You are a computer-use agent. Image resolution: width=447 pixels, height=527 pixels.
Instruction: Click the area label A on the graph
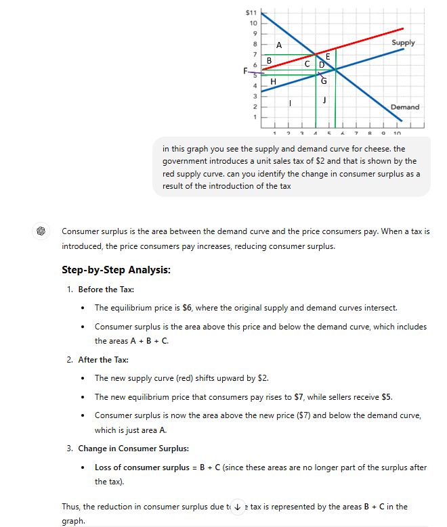tap(279, 45)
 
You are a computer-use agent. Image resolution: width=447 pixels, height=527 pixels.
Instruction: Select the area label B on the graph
tap(269, 61)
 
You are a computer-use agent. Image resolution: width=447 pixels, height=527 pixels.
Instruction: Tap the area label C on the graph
tap(307, 64)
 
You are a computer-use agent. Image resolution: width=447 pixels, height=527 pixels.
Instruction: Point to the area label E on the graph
tap(328, 57)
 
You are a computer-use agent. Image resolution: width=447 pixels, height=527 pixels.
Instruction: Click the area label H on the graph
tap(273, 82)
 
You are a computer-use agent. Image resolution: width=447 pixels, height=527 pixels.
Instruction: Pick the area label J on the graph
tap(325, 100)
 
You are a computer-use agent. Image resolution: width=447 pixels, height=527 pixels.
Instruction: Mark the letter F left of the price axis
tap(246, 70)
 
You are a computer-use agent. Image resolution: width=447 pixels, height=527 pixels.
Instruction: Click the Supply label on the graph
tap(403, 43)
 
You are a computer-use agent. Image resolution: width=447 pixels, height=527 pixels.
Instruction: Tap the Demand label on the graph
tap(404, 107)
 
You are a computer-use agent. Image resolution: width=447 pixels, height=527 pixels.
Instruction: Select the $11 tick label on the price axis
tap(251, 13)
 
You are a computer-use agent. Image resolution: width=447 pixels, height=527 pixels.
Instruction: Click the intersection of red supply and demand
tap(316, 54)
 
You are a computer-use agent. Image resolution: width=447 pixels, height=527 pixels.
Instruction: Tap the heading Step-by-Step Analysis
tap(116, 270)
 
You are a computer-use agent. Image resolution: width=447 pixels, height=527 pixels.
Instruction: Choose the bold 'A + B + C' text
tap(148, 341)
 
